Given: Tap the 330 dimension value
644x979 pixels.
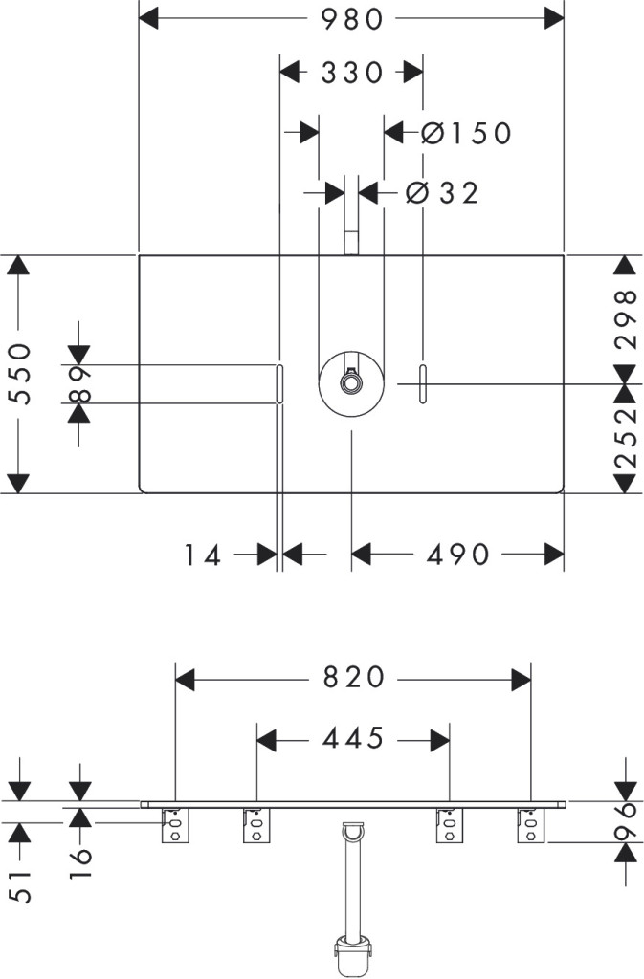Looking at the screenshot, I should [x=351, y=73].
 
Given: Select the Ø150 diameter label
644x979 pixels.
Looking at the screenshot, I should [x=467, y=133].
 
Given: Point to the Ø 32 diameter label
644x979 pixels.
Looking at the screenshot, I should [x=441, y=192].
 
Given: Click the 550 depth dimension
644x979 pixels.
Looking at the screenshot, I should [x=21, y=374].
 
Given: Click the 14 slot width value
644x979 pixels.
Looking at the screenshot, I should [x=205, y=554].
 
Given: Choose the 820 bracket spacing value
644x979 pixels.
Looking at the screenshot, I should [x=352, y=678].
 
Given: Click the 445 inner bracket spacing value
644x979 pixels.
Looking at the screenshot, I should [x=352, y=738].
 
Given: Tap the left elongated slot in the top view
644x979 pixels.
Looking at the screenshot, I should [x=278, y=383].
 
